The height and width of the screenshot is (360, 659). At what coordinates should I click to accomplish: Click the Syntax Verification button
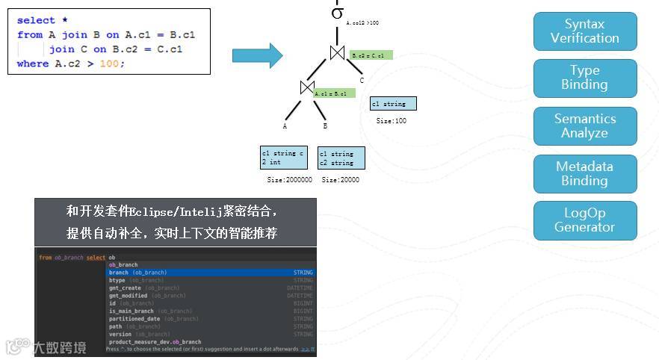(585, 31)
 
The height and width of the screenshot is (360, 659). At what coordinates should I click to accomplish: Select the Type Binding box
(585, 78)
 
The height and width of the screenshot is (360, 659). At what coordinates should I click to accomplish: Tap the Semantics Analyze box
(585, 126)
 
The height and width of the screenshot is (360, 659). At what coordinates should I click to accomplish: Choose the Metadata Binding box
(585, 174)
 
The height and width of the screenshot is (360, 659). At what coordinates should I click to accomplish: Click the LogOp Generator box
(585, 220)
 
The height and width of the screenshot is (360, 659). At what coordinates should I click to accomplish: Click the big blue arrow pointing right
(257, 55)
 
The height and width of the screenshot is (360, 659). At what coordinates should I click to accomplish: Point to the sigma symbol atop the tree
(337, 13)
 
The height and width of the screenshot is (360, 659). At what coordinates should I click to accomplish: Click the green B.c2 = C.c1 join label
(371, 55)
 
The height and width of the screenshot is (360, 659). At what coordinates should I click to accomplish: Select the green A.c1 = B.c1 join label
(334, 93)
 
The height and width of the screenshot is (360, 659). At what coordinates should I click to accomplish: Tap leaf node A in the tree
(285, 126)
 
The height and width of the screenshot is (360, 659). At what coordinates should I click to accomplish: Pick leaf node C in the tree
(362, 81)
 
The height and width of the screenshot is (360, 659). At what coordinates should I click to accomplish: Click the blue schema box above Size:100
(393, 104)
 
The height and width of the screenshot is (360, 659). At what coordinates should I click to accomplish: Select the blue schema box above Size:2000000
(284, 158)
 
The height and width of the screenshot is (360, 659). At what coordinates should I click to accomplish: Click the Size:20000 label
(341, 180)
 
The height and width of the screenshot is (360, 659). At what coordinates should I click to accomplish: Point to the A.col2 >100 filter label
(362, 23)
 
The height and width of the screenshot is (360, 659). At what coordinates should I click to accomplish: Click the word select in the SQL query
(36, 20)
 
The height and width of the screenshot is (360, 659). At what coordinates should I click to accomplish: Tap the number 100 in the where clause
(109, 63)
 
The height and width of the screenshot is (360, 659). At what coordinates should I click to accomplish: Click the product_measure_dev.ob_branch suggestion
(155, 342)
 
